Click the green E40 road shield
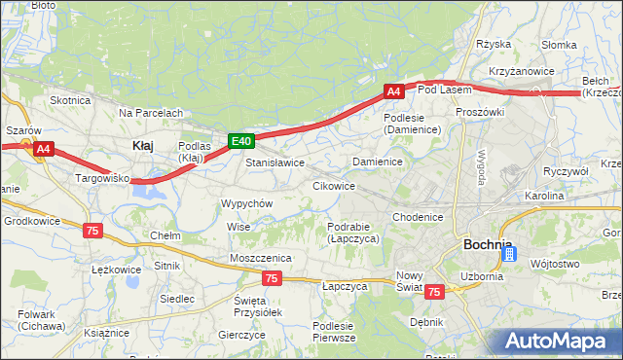(x=242, y=142)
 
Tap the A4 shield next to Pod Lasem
(x=393, y=91)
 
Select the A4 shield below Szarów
(x=43, y=149)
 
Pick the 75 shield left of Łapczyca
(x=272, y=279)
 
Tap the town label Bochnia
(x=489, y=244)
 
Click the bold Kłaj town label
(x=142, y=145)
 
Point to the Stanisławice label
(x=275, y=162)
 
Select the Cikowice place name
(x=333, y=185)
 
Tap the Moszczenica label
(x=261, y=257)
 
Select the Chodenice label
(x=419, y=217)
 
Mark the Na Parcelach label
(x=151, y=113)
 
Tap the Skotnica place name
(x=70, y=99)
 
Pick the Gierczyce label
(x=242, y=334)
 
